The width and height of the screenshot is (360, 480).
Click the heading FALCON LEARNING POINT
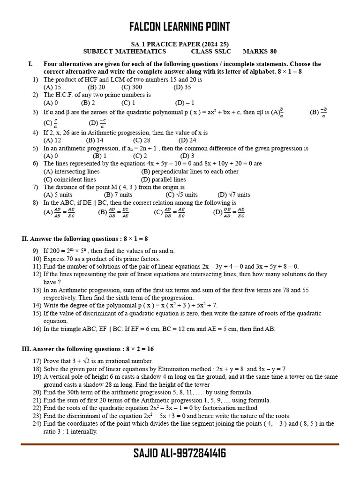click(x=180, y=27)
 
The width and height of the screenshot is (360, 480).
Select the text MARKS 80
click(x=260, y=52)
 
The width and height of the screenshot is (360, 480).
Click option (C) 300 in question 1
click(x=132, y=87)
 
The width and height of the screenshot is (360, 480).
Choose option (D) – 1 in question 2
click(x=185, y=103)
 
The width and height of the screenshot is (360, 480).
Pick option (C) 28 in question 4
click(x=142, y=140)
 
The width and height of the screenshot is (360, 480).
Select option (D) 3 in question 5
click(x=187, y=156)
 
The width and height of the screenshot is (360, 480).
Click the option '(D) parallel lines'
click(x=164, y=179)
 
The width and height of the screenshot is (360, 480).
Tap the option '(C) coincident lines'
click(x=70, y=179)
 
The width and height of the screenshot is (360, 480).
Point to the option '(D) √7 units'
click(x=234, y=195)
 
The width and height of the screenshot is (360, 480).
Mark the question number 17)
click(x=37, y=361)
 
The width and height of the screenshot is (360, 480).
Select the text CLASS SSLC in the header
click(x=211, y=52)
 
